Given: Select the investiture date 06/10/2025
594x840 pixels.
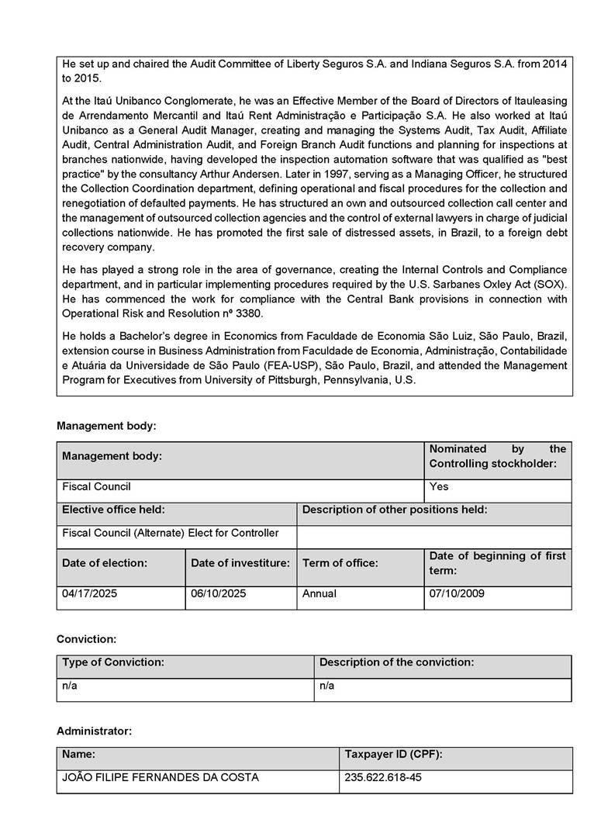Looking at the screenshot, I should click(218, 593).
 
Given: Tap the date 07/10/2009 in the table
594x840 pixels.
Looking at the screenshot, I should click(457, 593).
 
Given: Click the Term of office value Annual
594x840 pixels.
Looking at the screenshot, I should click(319, 593).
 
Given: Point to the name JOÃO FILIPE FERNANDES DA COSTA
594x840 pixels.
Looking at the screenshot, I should click(161, 777).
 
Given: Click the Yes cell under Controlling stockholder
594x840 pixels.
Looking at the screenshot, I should click(439, 487).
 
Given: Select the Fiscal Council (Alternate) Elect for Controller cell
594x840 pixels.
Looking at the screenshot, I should click(170, 533).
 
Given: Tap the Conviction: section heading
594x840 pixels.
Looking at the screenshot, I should click(86, 639).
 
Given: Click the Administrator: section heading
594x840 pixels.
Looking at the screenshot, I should click(94, 731).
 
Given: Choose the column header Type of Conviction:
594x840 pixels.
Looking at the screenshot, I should click(113, 662).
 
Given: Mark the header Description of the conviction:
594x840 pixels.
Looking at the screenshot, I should click(396, 662).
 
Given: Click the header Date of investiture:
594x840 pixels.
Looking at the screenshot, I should click(240, 562).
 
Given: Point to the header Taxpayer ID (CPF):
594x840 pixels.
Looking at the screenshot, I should click(392, 754).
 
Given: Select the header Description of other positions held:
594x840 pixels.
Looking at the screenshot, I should click(395, 510).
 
